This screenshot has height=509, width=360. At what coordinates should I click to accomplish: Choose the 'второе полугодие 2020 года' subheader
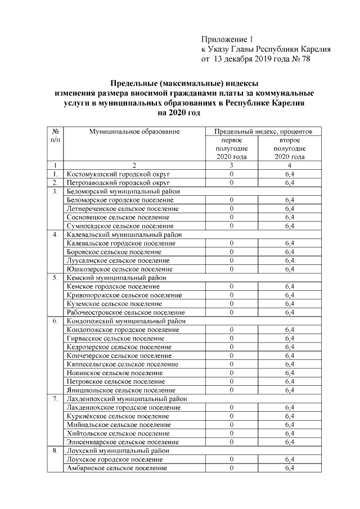click(289, 148)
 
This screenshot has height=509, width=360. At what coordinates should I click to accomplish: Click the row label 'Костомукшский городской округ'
click(118, 174)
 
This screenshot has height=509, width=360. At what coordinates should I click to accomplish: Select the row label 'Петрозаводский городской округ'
click(118, 183)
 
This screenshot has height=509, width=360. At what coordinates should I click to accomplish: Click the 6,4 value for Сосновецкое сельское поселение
click(290, 217)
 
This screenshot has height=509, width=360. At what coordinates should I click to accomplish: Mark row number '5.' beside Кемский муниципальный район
click(56, 278)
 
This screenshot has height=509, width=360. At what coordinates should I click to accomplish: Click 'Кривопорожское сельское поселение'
click(124, 295)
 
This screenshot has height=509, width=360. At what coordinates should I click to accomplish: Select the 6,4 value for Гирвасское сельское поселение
click(290, 338)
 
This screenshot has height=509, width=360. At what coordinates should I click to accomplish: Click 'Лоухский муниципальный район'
click(118, 451)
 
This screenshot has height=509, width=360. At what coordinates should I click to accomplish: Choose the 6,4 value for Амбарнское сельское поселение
click(290, 468)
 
